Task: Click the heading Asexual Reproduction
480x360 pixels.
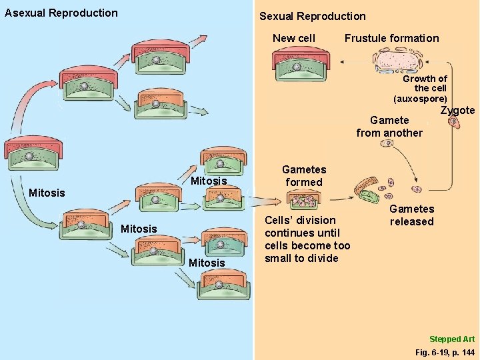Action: click(61, 13)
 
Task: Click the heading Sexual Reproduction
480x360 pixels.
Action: click(312, 16)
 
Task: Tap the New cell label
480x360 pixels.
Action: click(294, 38)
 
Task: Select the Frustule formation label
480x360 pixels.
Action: click(391, 38)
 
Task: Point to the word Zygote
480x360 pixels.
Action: click(457, 111)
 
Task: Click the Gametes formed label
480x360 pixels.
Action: click(304, 176)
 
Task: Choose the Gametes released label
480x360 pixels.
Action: click(411, 215)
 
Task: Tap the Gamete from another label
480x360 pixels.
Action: click(389, 127)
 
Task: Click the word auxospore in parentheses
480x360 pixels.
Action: click(420, 98)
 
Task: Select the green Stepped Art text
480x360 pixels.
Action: click(451, 339)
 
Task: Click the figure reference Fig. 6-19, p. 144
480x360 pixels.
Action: click(444, 351)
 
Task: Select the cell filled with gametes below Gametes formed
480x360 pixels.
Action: click(304, 199)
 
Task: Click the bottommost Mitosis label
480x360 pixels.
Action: click(207, 263)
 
